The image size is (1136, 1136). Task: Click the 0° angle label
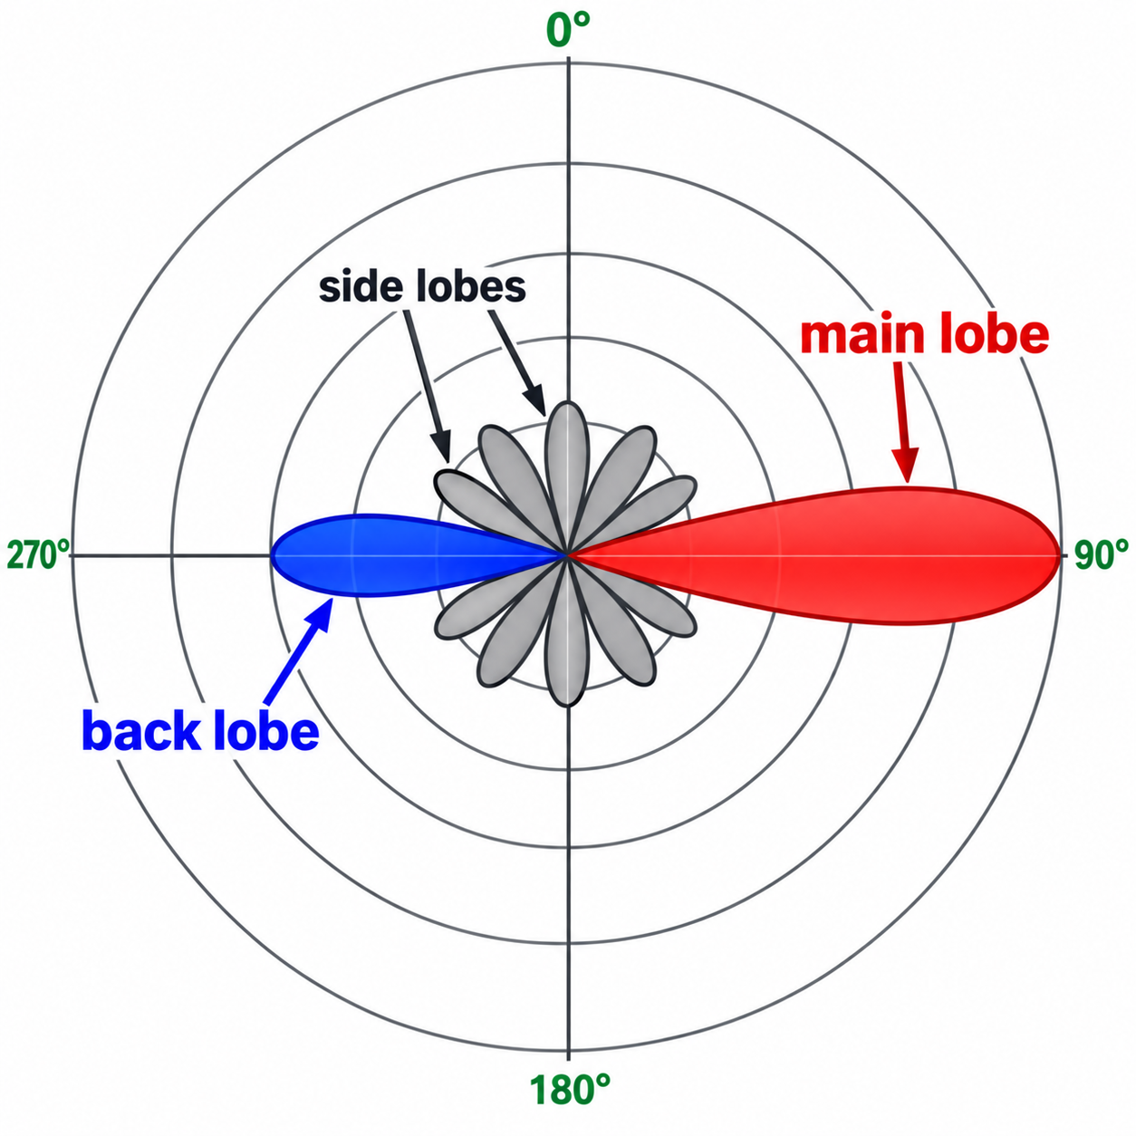click(568, 30)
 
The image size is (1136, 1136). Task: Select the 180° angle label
click(570, 1089)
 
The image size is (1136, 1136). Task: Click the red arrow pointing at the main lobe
click(903, 422)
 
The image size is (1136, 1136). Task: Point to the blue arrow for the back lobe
click(298, 650)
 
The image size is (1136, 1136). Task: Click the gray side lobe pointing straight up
click(567, 477)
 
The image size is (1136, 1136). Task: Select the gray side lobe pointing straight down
click(567, 631)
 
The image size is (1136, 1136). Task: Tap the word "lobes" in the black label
click(465, 288)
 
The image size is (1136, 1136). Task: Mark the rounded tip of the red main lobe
click(1060, 555)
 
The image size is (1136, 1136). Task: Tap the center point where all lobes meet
click(567, 555)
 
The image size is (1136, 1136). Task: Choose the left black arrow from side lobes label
click(426, 386)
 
